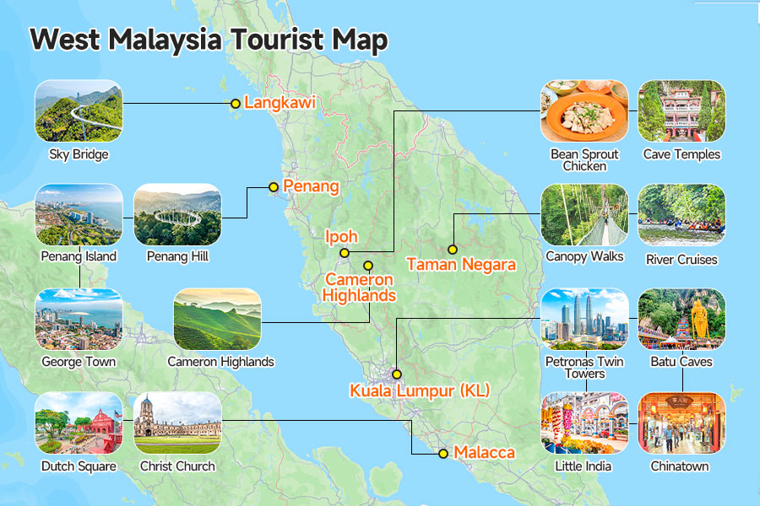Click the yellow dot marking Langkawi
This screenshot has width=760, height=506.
236,104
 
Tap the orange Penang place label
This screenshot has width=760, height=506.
311,186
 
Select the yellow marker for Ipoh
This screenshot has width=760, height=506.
344,253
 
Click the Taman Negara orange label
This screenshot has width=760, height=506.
460,265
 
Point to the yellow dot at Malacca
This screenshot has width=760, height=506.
442,454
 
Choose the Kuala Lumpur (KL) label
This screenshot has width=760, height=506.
420,390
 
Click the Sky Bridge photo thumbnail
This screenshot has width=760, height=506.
79,111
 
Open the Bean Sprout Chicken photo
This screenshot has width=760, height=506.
584,111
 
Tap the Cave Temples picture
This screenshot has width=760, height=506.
681,111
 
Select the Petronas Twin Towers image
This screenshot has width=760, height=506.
584,319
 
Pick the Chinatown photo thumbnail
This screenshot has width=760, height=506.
681,423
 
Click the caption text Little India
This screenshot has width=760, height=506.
584,466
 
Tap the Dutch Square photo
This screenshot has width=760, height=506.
79,423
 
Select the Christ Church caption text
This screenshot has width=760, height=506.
177,466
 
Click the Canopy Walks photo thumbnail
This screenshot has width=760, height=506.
584,215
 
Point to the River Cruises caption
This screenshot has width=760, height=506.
681,259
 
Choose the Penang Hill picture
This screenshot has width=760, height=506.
177,215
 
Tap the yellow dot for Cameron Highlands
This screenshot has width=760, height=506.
367,266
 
